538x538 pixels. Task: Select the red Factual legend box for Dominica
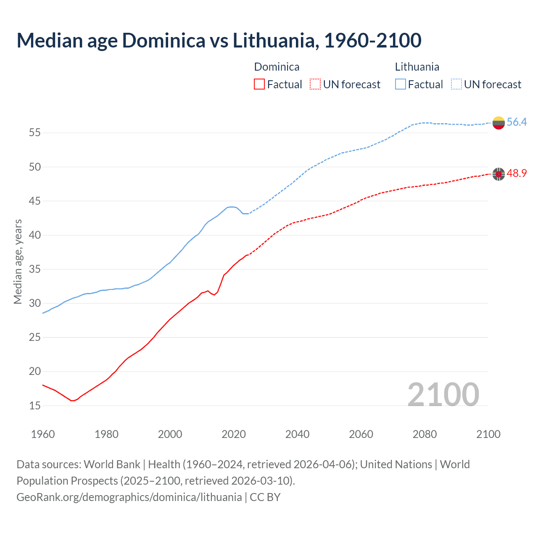(259, 84)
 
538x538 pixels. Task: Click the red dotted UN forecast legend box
(315, 84)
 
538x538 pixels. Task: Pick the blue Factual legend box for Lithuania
(401, 84)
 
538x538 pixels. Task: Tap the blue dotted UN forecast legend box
(456, 84)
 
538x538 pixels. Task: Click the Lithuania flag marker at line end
(498, 123)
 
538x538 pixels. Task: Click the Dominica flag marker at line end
(498, 174)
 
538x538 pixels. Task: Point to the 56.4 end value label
(517, 122)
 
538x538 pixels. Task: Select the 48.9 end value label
(517, 173)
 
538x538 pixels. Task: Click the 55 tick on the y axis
(35, 133)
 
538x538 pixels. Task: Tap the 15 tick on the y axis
(35, 406)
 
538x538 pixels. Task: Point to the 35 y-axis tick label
(35, 269)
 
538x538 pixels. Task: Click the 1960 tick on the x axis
(43, 434)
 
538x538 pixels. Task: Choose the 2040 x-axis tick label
(297, 434)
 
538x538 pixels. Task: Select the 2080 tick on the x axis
(425, 434)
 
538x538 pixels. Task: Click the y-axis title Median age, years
(18, 261)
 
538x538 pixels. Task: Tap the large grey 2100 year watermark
(443, 394)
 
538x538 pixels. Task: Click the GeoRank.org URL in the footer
(129, 497)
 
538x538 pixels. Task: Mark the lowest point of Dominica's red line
(72, 401)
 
